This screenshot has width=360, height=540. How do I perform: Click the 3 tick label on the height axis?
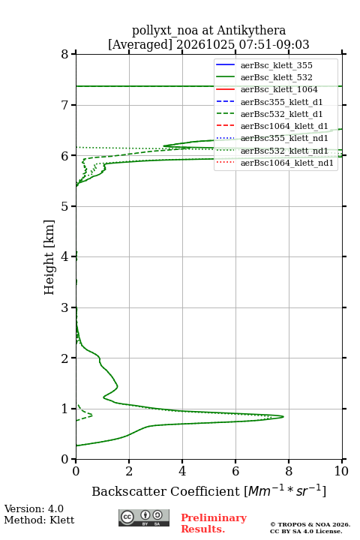tap(64, 307)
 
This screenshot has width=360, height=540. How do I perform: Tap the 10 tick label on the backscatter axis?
tap(341, 471)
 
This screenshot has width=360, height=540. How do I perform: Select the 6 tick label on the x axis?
tap(235, 471)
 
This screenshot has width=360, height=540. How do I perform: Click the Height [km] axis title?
tap(49, 257)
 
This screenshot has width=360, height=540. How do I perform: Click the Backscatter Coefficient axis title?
tap(208, 490)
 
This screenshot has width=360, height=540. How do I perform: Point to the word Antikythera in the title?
tap(251, 30)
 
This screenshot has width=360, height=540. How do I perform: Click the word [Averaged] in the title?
tap(139, 44)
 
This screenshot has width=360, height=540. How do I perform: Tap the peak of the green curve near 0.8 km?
tap(283, 417)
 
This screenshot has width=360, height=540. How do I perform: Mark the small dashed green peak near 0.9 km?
tap(92, 415)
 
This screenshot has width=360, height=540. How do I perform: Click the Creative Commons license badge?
tap(144, 517)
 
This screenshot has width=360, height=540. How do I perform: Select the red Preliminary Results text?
tap(214, 523)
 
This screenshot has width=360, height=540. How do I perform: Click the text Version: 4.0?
tap(34, 508)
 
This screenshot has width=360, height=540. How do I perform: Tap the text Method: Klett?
tap(39, 520)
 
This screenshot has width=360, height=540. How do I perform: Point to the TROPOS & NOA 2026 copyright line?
tap(310, 524)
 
